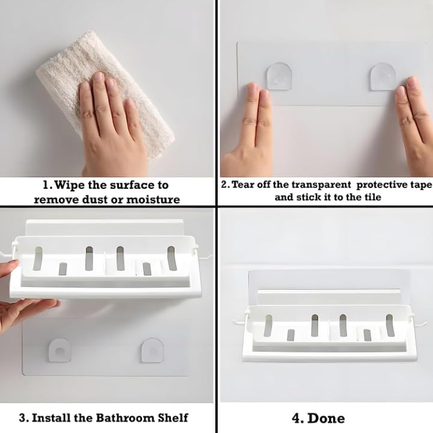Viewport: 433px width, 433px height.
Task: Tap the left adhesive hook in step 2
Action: (x=279, y=76)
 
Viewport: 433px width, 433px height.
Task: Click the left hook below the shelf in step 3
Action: (x=60, y=350)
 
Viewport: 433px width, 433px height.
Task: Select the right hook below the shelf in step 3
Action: (x=153, y=350)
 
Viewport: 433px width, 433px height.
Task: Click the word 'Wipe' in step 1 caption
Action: (x=70, y=185)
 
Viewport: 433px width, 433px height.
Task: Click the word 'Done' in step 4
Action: (x=326, y=419)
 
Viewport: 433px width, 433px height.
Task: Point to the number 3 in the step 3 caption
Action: (x=23, y=418)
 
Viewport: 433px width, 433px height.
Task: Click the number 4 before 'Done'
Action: (x=296, y=419)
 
